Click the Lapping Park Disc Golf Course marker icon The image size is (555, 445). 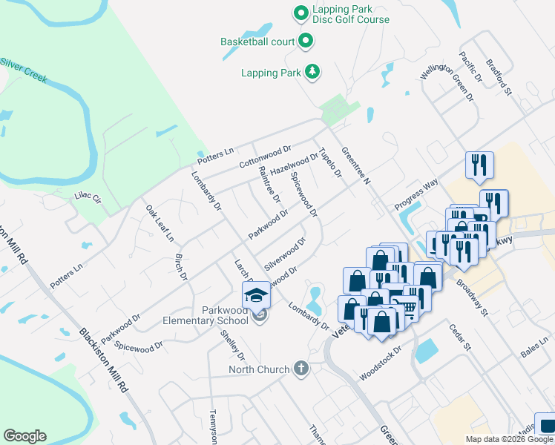301,13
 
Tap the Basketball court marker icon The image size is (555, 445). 305,42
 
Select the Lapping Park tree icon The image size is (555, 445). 313,72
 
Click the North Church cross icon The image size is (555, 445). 301,369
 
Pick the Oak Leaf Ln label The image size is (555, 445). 160,223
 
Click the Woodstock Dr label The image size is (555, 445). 380,363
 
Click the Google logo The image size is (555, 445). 24,436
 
